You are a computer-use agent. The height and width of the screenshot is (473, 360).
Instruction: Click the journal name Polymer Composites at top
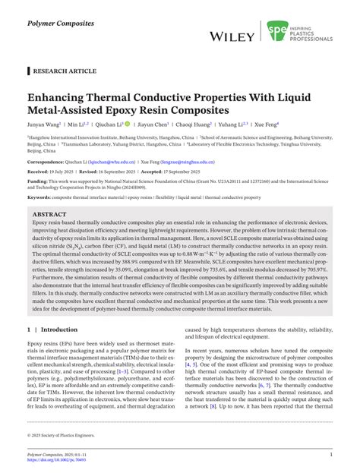[x=56, y=14]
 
